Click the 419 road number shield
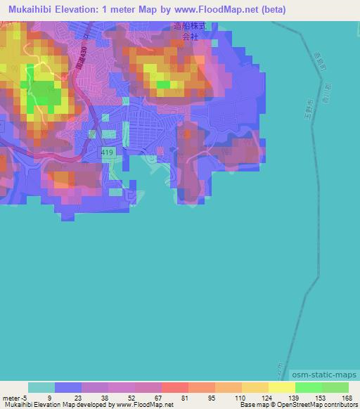pyautogui.click(x=106, y=151)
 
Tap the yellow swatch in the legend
pyautogui.click(x=281, y=387)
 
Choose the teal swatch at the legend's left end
pyautogui.click(x=41, y=387)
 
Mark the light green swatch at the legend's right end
pyautogui.click(x=335, y=387)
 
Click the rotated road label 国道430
pyautogui.click(x=65, y=68)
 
